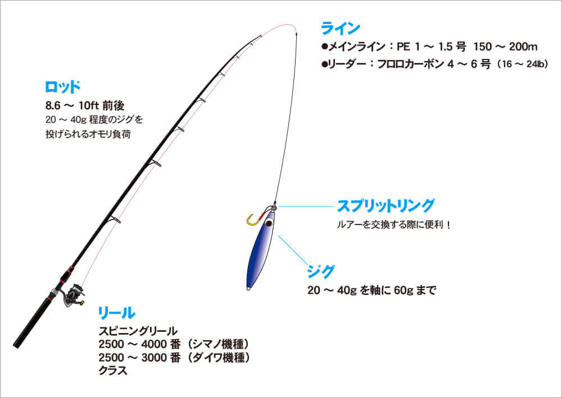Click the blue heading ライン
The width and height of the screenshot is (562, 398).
click(x=341, y=29)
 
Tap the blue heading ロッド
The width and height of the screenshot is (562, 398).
click(x=63, y=87)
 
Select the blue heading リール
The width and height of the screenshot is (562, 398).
click(x=116, y=313)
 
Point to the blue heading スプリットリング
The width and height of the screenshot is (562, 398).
click(x=386, y=206)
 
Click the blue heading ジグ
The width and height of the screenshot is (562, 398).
click(x=320, y=272)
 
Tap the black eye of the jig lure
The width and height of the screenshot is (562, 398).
click(x=269, y=223)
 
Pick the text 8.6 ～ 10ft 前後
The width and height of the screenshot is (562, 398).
click(x=85, y=106)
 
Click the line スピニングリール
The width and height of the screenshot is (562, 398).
click(x=138, y=331)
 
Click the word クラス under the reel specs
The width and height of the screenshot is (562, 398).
click(x=113, y=371)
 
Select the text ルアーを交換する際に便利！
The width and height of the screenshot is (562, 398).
click(x=393, y=225)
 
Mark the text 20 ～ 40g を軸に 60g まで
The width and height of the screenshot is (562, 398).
click(x=371, y=290)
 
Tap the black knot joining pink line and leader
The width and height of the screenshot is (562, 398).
click(x=296, y=35)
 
